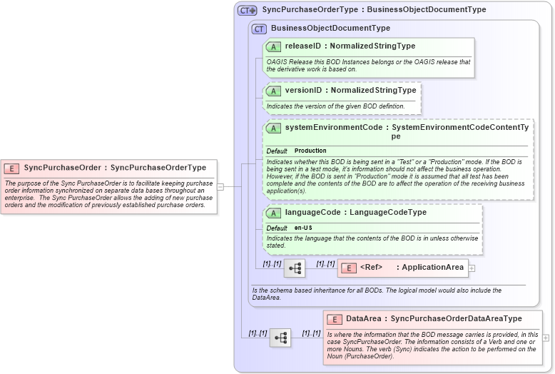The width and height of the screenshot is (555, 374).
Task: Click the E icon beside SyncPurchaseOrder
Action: click(x=11, y=168)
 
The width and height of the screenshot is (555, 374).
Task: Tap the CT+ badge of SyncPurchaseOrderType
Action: click(x=248, y=11)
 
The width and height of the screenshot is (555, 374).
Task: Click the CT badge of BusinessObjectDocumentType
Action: click(x=259, y=29)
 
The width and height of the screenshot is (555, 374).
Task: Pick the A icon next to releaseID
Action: click(x=273, y=47)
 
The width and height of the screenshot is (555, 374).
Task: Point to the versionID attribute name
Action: click(x=303, y=91)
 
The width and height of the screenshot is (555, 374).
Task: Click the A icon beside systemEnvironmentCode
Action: click(x=273, y=128)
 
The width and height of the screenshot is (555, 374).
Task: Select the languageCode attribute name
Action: click(x=311, y=213)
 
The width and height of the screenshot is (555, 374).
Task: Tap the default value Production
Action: click(x=310, y=151)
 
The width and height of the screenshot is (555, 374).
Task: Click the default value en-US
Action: click(x=303, y=228)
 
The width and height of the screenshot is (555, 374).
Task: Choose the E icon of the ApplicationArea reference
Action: click(x=349, y=268)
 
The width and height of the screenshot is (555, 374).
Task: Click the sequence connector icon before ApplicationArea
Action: click(x=294, y=268)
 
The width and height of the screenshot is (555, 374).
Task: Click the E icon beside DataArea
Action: click(x=334, y=319)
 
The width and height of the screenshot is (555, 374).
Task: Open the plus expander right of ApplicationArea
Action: click(x=472, y=268)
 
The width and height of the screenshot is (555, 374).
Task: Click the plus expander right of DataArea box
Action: click(x=546, y=338)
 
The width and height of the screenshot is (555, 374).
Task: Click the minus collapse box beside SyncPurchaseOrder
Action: click(x=220, y=187)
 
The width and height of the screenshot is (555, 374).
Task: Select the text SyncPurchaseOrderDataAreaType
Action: click(x=456, y=319)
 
